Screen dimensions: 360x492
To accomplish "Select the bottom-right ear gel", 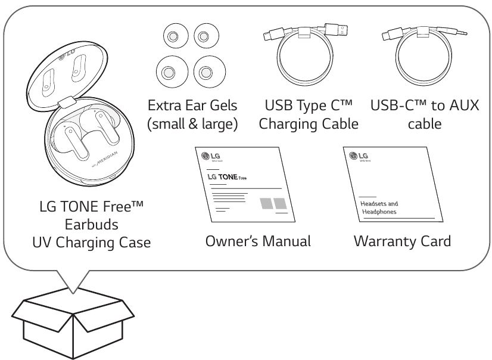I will pyautogui.click(x=205, y=73).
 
